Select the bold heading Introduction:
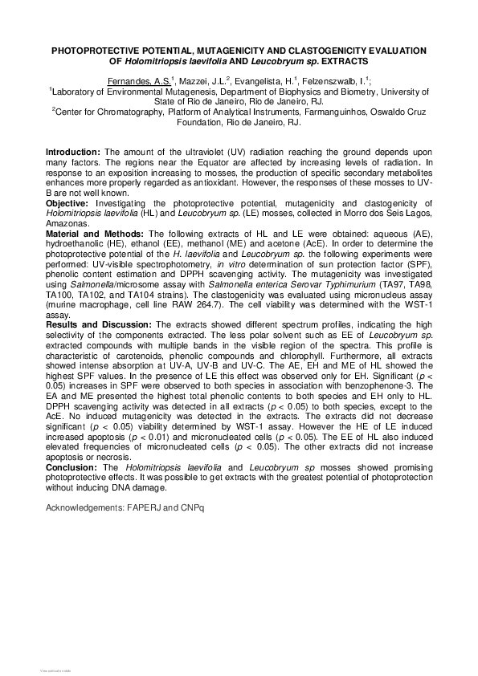click(x=73, y=152)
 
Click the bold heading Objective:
click(x=67, y=204)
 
